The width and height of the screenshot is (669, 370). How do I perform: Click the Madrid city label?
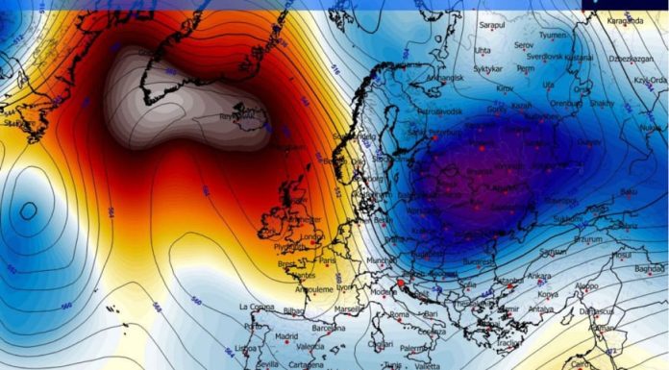pyautogui.click(x=285, y=337)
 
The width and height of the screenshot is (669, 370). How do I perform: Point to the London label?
pyautogui.click(x=312, y=237)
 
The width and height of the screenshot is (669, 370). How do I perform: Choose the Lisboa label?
pyautogui.click(x=248, y=348)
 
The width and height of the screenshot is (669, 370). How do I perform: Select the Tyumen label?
pyautogui.click(x=553, y=35)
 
